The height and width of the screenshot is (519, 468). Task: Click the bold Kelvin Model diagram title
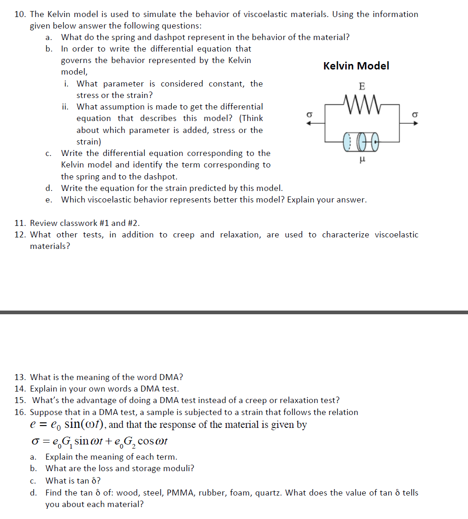click(x=356, y=66)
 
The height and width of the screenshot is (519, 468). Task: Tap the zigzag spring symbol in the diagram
click(x=361, y=100)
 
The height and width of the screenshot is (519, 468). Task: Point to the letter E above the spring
click(x=362, y=86)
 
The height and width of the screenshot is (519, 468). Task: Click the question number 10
click(x=19, y=14)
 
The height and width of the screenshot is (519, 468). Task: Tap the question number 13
click(x=19, y=377)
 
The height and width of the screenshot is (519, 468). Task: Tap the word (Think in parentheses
click(x=251, y=118)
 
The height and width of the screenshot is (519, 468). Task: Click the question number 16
click(x=19, y=412)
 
